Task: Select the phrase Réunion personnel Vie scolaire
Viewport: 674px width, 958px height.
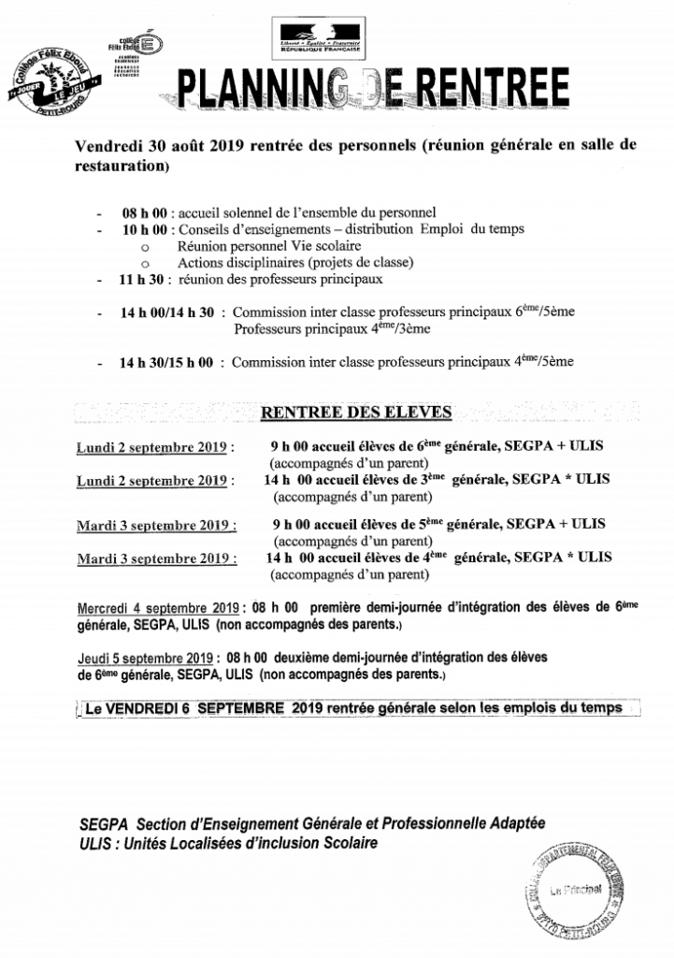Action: [243, 245]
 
